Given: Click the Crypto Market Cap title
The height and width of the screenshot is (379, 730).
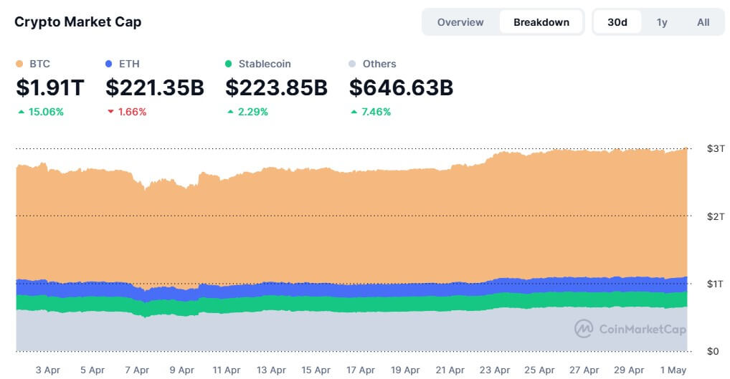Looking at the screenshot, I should pyautogui.click(x=77, y=21).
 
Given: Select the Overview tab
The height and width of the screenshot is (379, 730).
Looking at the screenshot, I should pyautogui.click(x=460, y=22).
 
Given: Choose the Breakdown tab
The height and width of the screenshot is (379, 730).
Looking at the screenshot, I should pyautogui.click(x=541, y=22).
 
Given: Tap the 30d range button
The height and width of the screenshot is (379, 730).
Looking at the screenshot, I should pyautogui.click(x=617, y=22).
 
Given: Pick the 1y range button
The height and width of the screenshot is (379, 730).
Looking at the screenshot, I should pyautogui.click(x=662, y=22).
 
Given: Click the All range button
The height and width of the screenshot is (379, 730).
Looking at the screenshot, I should pyautogui.click(x=703, y=22).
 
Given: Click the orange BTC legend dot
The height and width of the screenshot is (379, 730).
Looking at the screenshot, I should pyautogui.click(x=19, y=64).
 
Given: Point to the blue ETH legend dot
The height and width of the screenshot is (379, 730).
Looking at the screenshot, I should pyautogui.click(x=109, y=64).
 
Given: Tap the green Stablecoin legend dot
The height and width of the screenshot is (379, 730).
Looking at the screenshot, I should pyautogui.click(x=229, y=64).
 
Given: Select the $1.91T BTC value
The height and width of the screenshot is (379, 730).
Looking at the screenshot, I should pyautogui.click(x=50, y=88).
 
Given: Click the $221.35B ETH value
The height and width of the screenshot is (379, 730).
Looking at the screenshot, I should pyautogui.click(x=155, y=88).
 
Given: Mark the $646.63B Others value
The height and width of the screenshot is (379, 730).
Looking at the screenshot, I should pyautogui.click(x=401, y=88).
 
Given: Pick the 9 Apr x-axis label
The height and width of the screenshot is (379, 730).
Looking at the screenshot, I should pyautogui.click(x=181, y=370).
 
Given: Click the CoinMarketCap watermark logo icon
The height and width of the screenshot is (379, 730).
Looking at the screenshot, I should pyautogui.click(x=584, y=329).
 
